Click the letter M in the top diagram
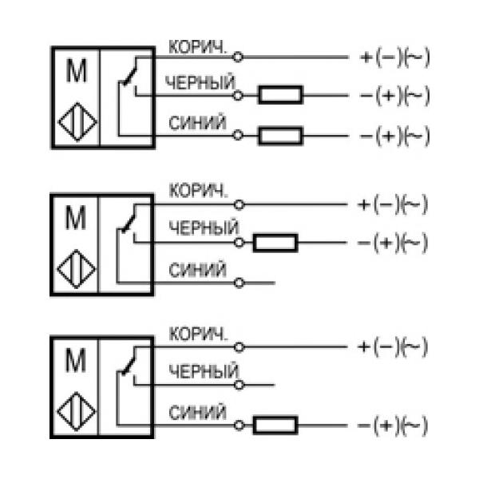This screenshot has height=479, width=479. [77, 72]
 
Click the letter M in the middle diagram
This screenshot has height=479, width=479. [76, 218]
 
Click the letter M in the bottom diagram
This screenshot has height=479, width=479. [76, 362]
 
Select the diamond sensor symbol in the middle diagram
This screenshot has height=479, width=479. [77, 269]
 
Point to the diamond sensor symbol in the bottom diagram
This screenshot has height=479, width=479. [77, 413]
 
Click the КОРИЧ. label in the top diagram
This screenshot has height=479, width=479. [198, 46]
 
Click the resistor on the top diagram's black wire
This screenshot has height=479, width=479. [279, 96]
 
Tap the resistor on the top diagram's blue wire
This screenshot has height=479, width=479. [279, 136]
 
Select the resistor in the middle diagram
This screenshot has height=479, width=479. [275, 242]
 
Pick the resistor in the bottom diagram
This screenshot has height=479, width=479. [275, 425]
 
